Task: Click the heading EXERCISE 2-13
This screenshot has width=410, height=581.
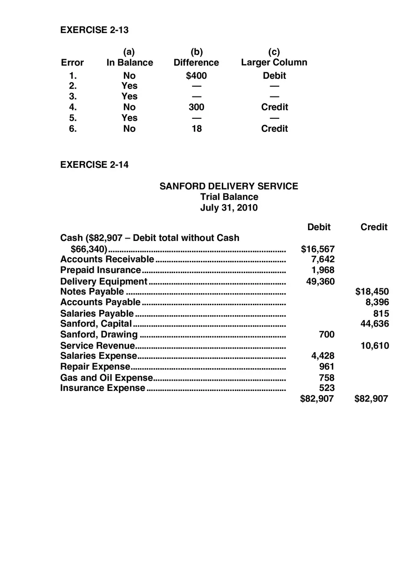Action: click(x=95, y=30)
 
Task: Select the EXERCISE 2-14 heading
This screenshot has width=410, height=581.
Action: click(x=95, y=165)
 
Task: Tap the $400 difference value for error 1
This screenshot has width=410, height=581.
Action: click(x=196, y=75)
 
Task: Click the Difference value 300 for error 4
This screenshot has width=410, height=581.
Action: click(x=196, y=107)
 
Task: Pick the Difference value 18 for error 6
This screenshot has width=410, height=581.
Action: click(x=197, y=129)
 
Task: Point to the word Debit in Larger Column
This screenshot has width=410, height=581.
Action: click(x=274, y=75)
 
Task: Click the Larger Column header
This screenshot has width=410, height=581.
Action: click(x=274, y=62)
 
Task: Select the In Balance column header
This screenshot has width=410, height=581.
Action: click(x=130, y=62)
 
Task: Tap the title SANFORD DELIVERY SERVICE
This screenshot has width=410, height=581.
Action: click(x=229, y=186)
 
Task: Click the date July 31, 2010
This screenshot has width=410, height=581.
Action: click(x=229, y=208)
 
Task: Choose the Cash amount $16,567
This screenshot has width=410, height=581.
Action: click(x=318, y=249)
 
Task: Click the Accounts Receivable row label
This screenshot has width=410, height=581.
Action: click(x=107, y=259)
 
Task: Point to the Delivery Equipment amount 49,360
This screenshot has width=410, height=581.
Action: click(x=320, y=281)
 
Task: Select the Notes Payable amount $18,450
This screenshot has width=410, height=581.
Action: click(x=372, y=292)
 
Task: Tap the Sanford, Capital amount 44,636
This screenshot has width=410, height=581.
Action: click(x=375, y=324)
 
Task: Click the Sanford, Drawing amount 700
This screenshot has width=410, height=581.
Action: click(x=327, y=335)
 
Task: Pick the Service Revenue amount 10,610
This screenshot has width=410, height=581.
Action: click(x=375, y=346)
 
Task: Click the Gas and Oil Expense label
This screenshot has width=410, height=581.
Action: click(x=106, y=378)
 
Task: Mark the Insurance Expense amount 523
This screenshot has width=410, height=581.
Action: click(x=327, y=388)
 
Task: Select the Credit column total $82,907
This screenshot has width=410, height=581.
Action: click(x=371, y=399)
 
